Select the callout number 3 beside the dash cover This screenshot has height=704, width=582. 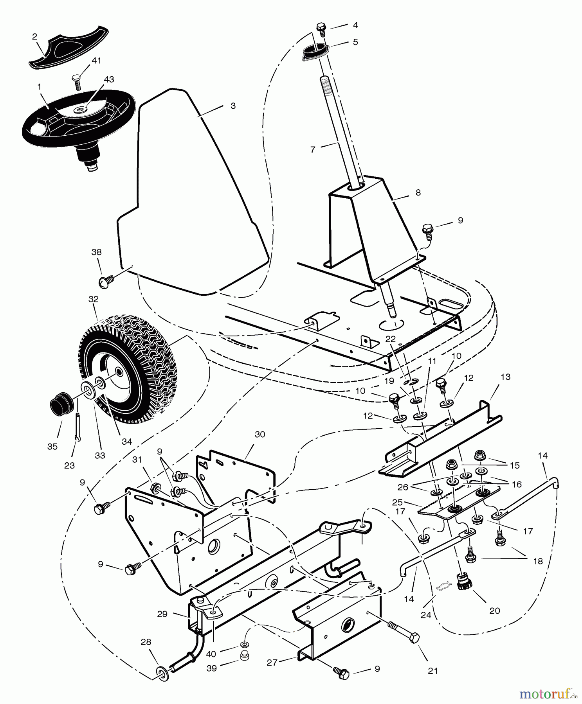click(233, 106)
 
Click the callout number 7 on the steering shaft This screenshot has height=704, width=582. click(312, 150)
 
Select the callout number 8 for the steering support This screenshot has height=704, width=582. click(418, 193)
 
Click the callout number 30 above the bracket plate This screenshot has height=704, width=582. click(260, 435)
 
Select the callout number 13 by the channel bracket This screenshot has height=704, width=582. click(505, 377)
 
